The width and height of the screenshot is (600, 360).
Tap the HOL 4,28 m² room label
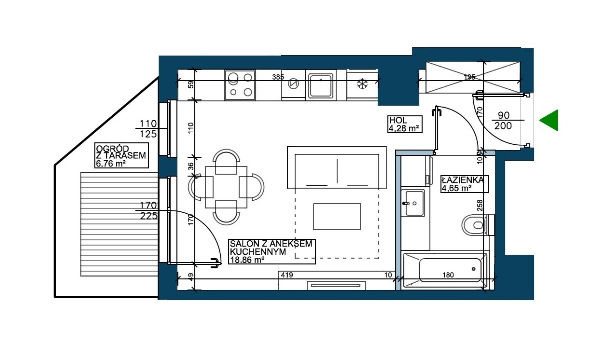click(405, 124)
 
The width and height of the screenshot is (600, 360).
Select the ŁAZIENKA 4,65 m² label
click(464, 184)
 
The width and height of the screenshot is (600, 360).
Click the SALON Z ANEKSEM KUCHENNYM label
click(272, 252)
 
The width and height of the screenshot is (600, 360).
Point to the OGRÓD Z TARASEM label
click(122, 155)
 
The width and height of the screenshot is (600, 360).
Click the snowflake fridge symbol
click(362, 84)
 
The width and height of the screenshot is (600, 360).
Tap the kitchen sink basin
click(321, 85)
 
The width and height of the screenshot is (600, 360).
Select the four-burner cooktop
click(240, 85)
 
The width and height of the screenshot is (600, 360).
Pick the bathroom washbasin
click(413, 203)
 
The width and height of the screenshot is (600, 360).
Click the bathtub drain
click(474, 269)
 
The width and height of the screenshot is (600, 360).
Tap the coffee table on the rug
click(337, 217)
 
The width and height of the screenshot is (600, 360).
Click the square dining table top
click(226, 187)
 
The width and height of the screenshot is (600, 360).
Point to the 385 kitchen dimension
click(278, 77)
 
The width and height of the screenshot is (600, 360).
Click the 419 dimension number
click(287, 275)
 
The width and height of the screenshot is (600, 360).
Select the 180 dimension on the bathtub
click(448, 275)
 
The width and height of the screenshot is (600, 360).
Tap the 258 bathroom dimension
click(480, 205)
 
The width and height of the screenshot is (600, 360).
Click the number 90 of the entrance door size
click(504, 115)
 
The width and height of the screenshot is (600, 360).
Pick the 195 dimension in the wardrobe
click(470, 77)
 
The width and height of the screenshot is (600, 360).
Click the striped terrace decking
click(119, 224)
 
